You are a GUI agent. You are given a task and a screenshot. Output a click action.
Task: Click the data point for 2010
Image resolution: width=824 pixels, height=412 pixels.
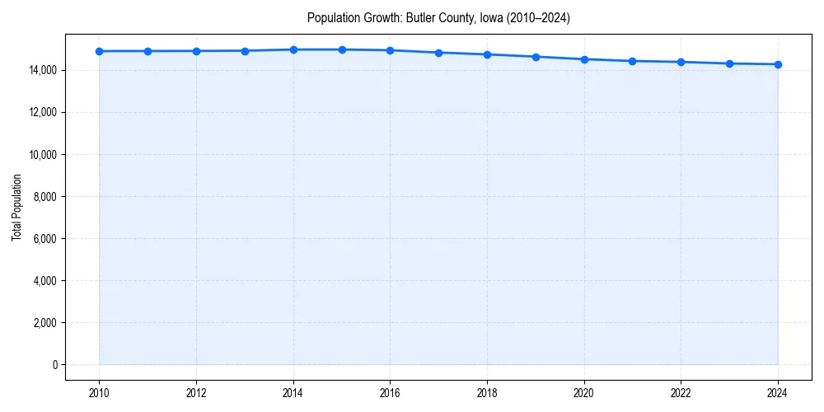(99, 51)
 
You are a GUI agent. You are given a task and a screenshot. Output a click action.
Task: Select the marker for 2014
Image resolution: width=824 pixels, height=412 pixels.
(293, 49)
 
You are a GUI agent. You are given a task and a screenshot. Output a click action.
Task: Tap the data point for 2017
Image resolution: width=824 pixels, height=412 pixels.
(438, 53)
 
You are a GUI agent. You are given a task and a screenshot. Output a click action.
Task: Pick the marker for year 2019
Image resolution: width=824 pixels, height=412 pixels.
(536, 57)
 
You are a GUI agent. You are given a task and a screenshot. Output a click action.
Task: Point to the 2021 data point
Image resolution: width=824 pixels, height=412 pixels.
(632, 61)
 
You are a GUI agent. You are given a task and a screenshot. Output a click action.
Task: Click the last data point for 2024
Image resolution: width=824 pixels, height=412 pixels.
(778, 64)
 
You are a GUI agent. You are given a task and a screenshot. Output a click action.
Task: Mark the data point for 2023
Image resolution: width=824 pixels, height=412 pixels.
(729, 63)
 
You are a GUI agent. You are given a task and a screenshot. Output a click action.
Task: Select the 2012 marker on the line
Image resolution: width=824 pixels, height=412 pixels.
(196, 51)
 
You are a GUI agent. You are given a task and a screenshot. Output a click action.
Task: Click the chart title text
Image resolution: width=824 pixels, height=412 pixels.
(438, 17)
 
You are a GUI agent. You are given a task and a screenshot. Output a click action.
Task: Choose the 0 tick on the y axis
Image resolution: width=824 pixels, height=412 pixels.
(54, 365)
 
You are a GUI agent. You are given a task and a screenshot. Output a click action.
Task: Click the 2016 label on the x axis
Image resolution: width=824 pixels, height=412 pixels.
(391, 393)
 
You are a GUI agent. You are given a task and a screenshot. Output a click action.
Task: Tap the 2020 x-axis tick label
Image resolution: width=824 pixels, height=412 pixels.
(584, 393)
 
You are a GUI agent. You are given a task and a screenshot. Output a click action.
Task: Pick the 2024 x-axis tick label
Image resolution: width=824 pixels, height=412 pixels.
(778, 393)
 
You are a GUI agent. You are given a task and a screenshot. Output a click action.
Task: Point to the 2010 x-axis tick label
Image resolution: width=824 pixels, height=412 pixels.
(99, 393)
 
